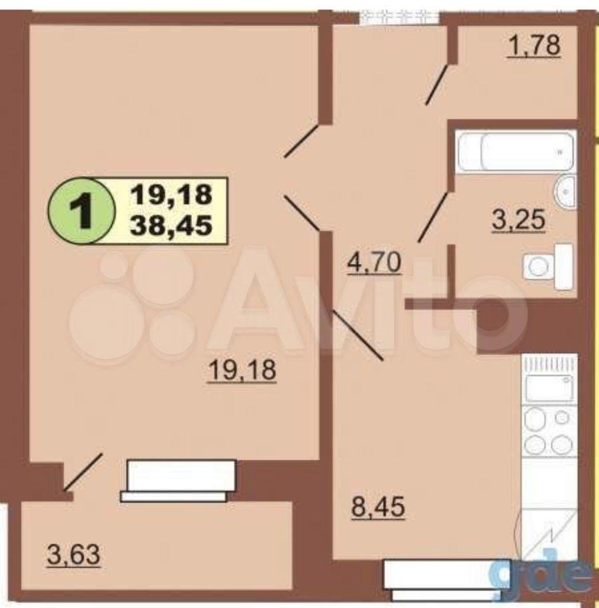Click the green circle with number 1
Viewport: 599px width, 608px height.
coord(82,210)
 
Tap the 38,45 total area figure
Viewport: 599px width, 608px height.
coord(172,225)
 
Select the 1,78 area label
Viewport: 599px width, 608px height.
coord(534,46)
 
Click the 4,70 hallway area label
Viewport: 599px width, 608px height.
coord(374,263)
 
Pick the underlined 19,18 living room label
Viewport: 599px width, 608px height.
coord(243,370)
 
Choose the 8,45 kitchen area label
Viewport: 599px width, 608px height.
coord(378,507)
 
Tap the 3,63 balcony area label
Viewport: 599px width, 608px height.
coord(73,555)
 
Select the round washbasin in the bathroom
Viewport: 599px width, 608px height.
coord(565,192)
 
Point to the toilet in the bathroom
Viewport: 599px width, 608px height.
coord(548,267)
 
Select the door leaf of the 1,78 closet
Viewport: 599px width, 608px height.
coord(437,85)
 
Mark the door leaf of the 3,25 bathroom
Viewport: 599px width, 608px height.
coord(435,217)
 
